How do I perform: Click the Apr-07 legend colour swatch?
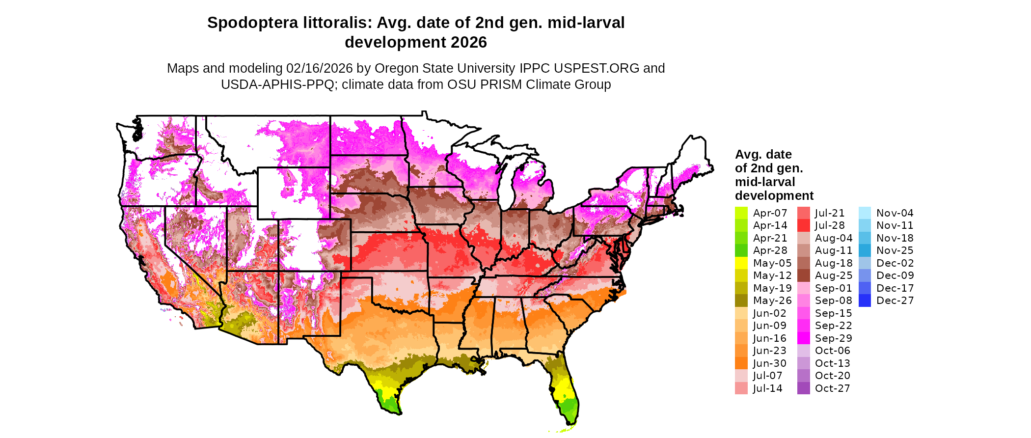[x=741, y=213]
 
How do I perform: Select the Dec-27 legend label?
[x=895, y=301]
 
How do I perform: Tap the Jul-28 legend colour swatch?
[x=803, y=225]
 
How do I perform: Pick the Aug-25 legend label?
[x=833, y=275]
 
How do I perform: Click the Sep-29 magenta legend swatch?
[x=803, y=338]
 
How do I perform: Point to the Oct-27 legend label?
[x=832, y=388]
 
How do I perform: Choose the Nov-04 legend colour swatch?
[x=865, y=213]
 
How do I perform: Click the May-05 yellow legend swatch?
[x=741, y=263]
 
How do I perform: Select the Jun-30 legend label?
[x=769, y=363]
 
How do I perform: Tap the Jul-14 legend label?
[x=767, y=388]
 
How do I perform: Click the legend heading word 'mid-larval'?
[x=764, y=182]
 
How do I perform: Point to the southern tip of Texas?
[x=399, y=412]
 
